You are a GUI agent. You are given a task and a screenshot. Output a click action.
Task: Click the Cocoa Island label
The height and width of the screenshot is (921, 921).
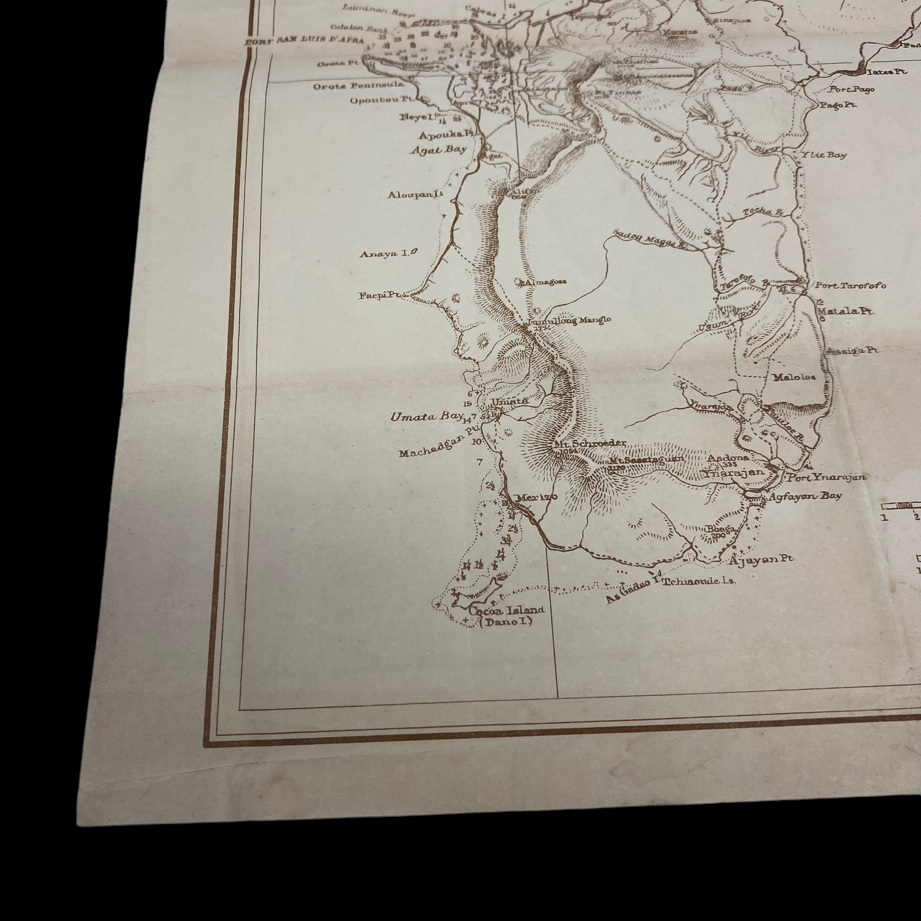point(506,609)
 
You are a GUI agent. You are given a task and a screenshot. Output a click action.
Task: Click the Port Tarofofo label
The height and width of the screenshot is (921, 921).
point(850,286)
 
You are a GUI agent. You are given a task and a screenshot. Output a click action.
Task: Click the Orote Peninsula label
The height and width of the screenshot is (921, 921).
point(358,86)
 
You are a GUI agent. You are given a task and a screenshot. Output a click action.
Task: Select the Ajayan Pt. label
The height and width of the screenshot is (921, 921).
point(761,560)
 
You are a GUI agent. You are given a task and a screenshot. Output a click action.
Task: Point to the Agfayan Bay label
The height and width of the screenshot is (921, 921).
point(805,496)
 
